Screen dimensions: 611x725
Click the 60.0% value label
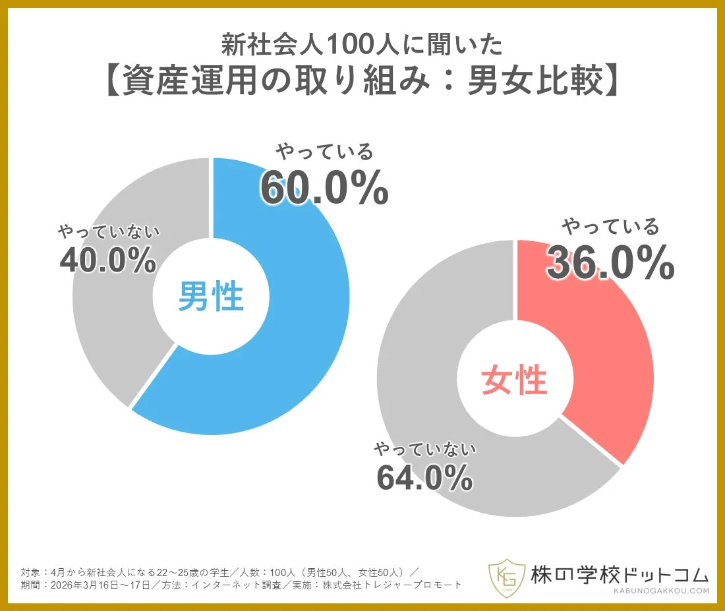(324, 189)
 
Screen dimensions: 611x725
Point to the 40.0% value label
(108, 260)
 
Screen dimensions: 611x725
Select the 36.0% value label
(610, 264)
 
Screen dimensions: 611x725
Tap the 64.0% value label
(424, 477)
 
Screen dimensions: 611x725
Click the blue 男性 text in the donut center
(211, 297)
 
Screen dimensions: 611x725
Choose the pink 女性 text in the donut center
(514, 380)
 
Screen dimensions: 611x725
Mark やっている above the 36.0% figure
(610, 227)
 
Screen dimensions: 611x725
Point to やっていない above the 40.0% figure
(109, 232)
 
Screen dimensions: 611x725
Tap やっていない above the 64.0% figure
(425, 450)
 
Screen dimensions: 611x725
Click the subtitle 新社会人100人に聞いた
(362, 45)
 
